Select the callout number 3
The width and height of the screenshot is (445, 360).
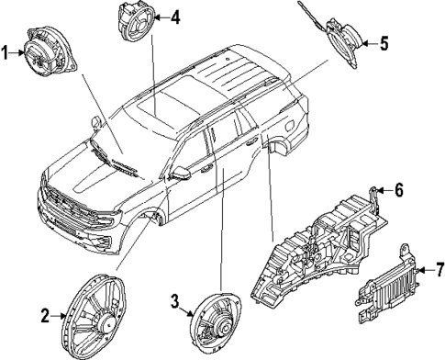pos(174,300)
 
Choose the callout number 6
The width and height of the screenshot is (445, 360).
pos(399,191)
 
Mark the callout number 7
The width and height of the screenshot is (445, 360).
pos(439,271)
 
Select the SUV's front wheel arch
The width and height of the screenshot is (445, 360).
pos(151,220)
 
